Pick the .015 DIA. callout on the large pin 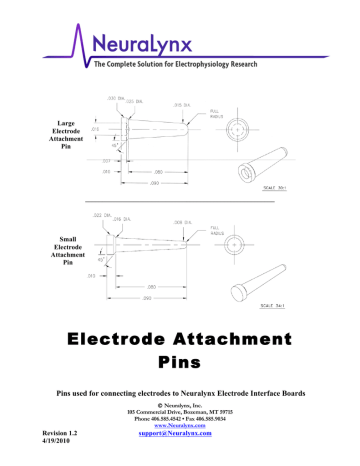183,103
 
